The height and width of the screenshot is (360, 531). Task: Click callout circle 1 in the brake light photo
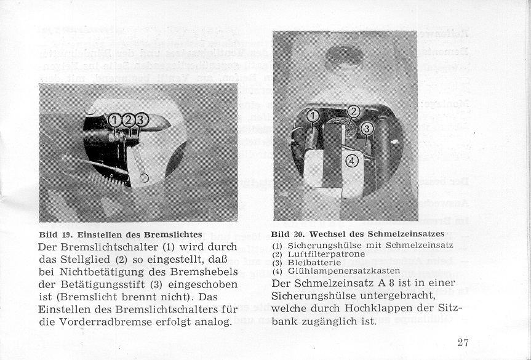pyautogui.click(x=115, y=120)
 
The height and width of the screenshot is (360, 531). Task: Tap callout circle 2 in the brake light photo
pyautogui.click(x=128, y=120)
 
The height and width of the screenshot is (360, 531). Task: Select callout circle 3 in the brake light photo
pyautogui.click(x=141, y=120)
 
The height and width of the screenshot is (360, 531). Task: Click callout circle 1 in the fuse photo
pyautogui.click(x=313, y=116)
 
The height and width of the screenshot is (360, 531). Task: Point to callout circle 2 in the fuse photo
pyautogui.click(x=354, y=111)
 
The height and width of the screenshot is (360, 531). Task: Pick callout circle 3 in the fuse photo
pyautogui.click(x=367, y=129)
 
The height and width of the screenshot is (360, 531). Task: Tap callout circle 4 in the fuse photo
pyautogui.click(x=351, y=161)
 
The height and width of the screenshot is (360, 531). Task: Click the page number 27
pyautogui.click(x=463, y=343)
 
